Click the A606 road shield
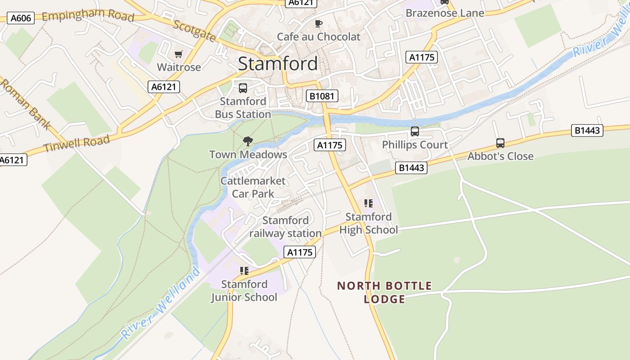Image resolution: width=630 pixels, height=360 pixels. pyautogui.click(x=21, y=18)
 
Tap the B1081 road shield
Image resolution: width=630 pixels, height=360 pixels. pyautogui.click(x=322, y=95)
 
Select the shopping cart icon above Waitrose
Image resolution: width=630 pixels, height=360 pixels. pyautogui.click(x=179, y=54)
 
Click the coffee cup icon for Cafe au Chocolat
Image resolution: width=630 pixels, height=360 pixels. pyautogui.click(x=319, y=24)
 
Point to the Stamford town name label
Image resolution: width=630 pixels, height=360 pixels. pyautogui.click(x=278, y=63)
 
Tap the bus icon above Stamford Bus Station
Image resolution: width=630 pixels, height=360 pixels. pyautogui.click(x=243, y=88)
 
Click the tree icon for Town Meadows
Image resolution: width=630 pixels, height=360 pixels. pyautogui.click(x=247, y=142)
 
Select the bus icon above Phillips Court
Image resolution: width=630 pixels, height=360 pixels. pyautogui.click(x=414, y=132)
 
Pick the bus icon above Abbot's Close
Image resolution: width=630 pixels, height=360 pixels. pyautogui.click(x=500, y=143)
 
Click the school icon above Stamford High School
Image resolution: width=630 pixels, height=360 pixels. pyautogui.click(x=369, y=203)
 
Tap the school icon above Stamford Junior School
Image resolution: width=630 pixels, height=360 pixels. pyautogui.click(x=244, y=271)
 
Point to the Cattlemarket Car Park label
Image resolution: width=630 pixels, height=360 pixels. pyautogui.click(x=253, y=187)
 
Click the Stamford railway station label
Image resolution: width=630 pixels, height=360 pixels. pyautogui.click(x=285, y=227)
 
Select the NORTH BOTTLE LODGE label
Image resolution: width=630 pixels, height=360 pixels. pyautogui.click(x=384, y=292)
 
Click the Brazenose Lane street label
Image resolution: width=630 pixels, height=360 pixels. pyautogui.click(x=445, y=13)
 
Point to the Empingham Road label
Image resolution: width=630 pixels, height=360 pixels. pyautogui.click(x=88, y=16)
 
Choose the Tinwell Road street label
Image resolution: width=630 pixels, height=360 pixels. pyautogui.click(x=77, y=144)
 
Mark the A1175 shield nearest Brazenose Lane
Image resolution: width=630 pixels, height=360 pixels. pyautogui.click(x=421, y=57)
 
